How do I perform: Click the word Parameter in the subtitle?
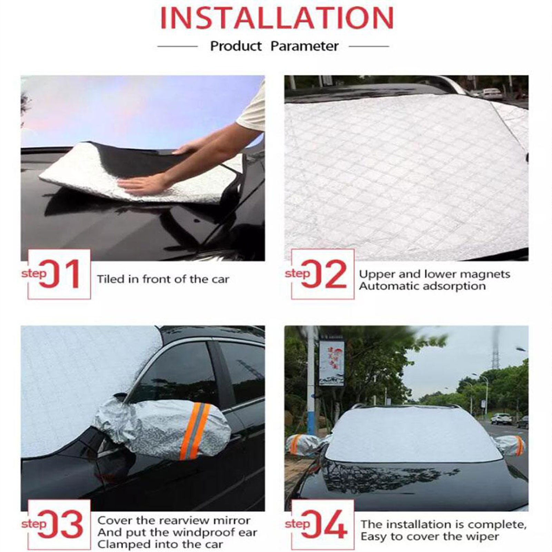pyautogui.click(x=304, y=46)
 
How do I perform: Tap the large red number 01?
pyautogui.click(x=60, y=274)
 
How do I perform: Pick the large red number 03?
pyautogui.click(x=60, y=525)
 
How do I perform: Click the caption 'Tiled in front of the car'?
pyautogui.click(x=163, y=279)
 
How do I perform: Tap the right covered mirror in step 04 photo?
pyautogui.click(x=511, y=445)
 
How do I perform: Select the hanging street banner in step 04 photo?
pyautogui.click(x=332, y=363)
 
